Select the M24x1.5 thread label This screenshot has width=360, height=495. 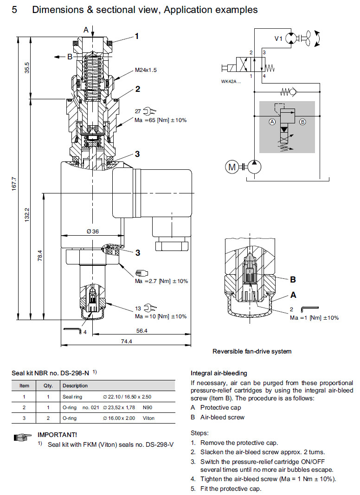coord(147,70)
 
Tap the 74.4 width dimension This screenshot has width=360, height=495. coord(126,341)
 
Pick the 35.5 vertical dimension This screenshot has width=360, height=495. coord(27,68)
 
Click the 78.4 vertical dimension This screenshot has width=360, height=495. coord(40,255)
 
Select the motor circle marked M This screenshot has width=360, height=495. coord(231,166)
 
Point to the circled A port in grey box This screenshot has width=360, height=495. coord(272,122)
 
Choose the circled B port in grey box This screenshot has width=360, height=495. coord(303,122)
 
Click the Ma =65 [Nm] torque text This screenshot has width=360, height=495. coord(161,120)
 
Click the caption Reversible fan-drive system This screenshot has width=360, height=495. coord(252,351)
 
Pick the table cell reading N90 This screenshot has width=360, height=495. coord(147,407)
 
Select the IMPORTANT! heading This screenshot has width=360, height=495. coord(57,435)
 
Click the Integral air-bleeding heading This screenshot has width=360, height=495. coord(219,373)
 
